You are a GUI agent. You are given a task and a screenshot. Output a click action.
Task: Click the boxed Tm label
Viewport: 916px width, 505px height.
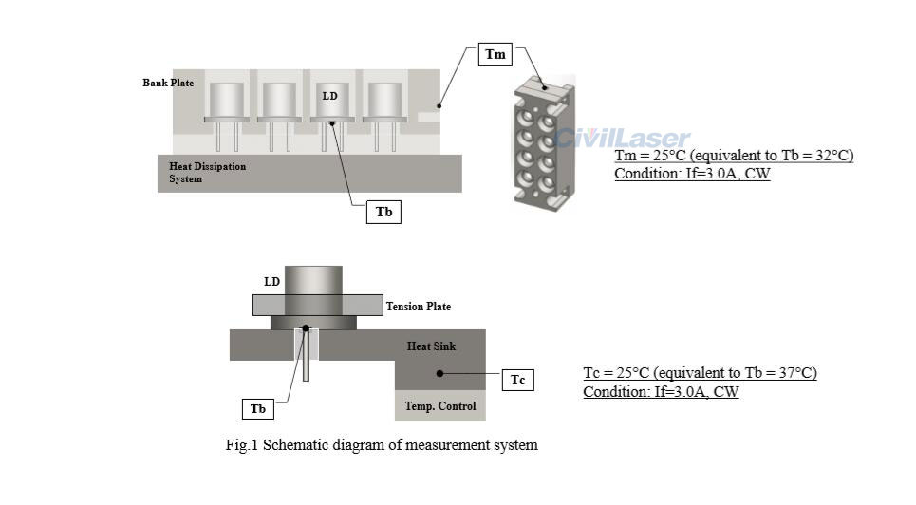click(495, 54)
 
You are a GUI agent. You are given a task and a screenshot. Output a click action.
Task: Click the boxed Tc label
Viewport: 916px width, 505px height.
click(517, 381)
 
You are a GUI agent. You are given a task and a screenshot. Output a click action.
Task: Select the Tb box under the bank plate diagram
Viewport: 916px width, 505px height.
click(383, 212)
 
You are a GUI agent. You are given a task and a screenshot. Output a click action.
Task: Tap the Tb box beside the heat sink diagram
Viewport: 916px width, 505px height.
click(258, 409)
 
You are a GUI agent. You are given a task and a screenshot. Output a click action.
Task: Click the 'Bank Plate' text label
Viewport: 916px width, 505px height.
click(168, 83)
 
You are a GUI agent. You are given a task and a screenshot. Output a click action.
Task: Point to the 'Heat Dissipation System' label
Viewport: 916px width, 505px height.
click(207, 173)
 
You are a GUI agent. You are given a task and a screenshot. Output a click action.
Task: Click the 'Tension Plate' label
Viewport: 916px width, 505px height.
click(418, 307)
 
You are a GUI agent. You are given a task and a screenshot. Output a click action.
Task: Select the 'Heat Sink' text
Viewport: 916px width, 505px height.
click(431, 346)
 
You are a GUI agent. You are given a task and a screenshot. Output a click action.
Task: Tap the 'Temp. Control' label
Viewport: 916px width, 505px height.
click(439, 406)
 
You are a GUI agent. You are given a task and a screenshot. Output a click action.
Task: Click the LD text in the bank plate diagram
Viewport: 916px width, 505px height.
click(329, 96)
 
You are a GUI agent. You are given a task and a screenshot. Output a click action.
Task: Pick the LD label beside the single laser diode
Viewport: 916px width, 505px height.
click(271, 282)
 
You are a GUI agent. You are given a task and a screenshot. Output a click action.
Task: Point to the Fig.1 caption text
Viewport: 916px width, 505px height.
click(381, 445)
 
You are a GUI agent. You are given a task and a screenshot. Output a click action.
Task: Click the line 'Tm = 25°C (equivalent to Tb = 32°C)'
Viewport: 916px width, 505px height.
click(734, 156)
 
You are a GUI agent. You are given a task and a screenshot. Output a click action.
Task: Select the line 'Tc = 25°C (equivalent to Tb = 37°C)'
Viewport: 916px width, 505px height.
click(700, 373)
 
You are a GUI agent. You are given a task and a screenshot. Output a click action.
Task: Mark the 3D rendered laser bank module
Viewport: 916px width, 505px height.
click(543, 142)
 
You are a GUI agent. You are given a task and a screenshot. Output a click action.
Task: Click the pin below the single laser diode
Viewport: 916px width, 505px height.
click(307, 356)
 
